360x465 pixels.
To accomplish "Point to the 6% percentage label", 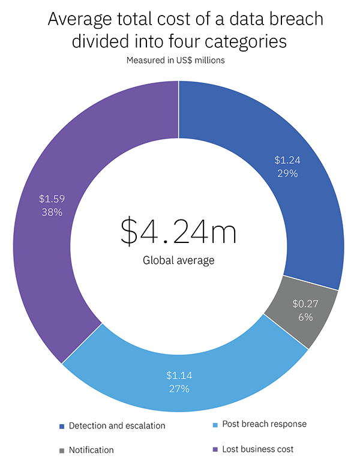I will coord(304,317).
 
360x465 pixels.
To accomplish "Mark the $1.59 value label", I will coord(51,199).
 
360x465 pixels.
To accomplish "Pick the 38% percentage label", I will coord(52,212).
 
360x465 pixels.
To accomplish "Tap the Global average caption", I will coord(178,260).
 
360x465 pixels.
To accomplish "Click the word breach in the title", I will coord(294,19).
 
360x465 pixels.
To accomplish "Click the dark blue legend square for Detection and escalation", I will coord(62,426).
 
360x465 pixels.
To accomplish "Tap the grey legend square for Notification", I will coord(62,450).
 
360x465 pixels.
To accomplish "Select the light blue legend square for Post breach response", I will coord(215,424).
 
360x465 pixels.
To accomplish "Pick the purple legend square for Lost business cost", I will coord(215,448).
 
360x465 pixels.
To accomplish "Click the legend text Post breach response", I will coord(264,424).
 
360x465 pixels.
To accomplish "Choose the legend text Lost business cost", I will coord(258,448).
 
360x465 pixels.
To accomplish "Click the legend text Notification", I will coord(91,450).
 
